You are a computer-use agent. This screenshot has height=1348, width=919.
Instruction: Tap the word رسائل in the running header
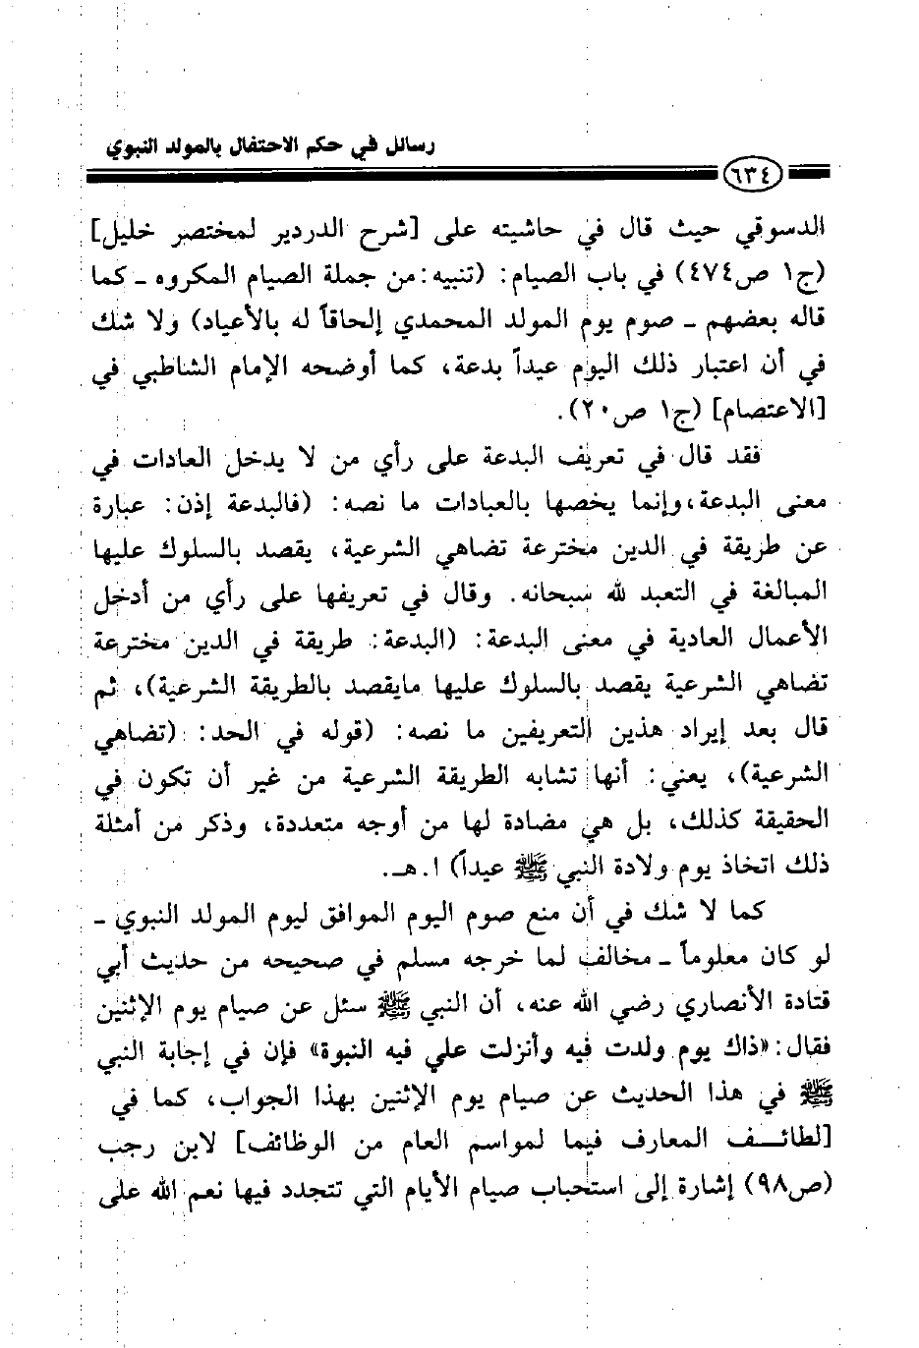412,146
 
